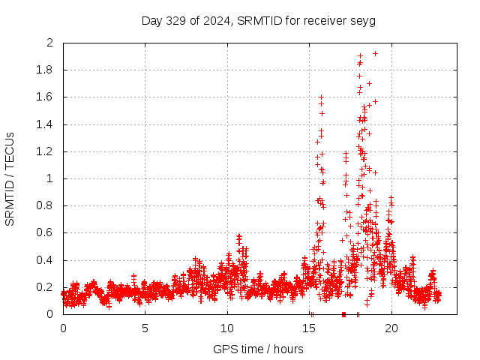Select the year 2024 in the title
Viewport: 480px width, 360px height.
point(214,20)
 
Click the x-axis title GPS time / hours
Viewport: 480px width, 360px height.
point(258,349)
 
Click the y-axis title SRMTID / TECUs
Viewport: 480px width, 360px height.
point(10,178)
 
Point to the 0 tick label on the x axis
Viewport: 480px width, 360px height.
point(63,328)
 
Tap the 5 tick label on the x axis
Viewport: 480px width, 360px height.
point(145,328)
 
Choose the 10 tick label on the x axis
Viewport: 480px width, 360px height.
point(227,328)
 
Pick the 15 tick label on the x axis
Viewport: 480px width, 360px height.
point(309,328)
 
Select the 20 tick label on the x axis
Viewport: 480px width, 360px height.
point(391,328)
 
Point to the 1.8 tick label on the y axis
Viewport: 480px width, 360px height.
point(46,70)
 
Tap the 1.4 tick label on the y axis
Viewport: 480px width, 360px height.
point(46,124)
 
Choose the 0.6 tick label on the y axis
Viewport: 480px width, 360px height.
point(46,232)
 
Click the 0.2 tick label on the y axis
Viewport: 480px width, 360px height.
point(46,287)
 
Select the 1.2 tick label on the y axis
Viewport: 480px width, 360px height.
point(46,151)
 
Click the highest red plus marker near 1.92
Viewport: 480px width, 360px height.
point(375,53)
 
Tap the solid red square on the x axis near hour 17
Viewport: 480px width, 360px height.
point(343,313)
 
